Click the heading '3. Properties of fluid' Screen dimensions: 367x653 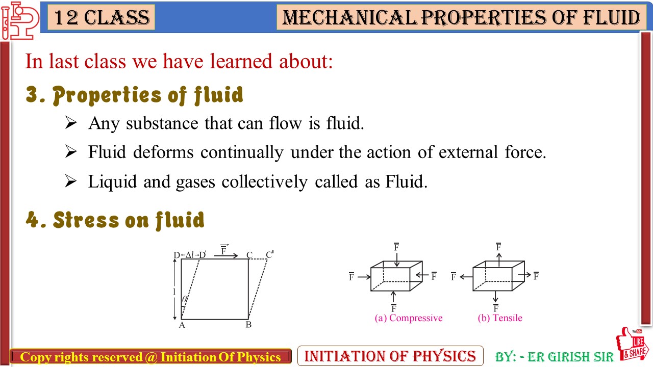[x=135, y=95]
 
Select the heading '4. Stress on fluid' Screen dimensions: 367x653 [x=115, y=220]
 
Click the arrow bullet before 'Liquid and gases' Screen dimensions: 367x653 [x=71, y=181]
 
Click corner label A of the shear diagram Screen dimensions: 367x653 [x=182, y=325]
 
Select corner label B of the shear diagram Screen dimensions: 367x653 [x=248, y=325]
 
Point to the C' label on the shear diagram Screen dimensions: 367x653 [x=269, y=254]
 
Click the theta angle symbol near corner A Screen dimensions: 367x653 [x=184, y=300]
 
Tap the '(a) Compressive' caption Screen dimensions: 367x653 [x=409, y=318]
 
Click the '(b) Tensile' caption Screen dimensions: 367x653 [x=500, y=318]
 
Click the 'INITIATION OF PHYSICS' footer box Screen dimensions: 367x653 [x=390, y=356]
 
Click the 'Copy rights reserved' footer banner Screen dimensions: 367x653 [x=150, y=357]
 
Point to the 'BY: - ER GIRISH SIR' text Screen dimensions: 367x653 [x=555, y=357]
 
